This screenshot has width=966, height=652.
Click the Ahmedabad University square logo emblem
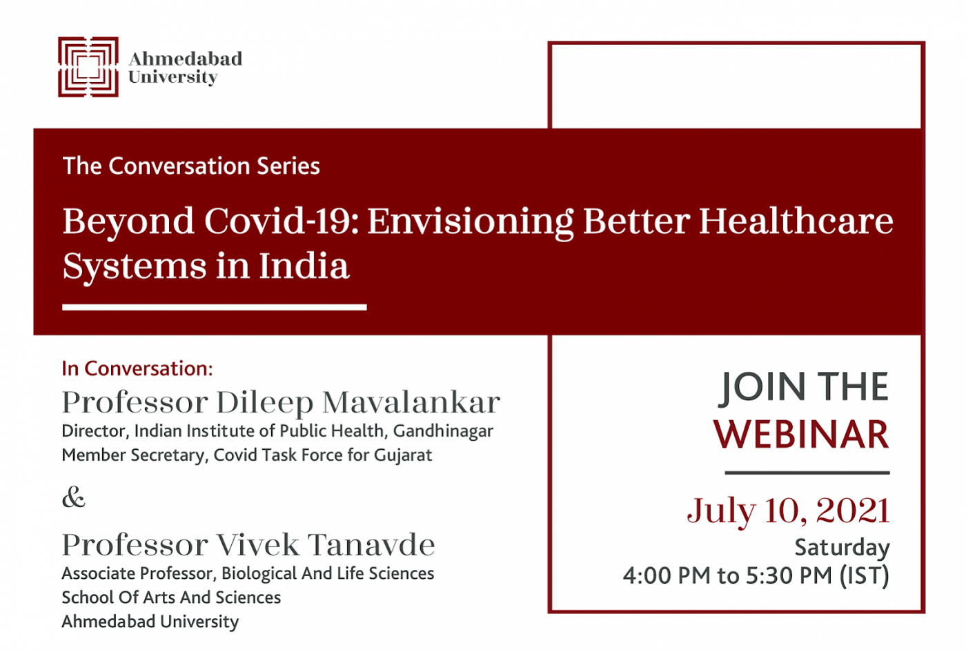(x=88, y=67)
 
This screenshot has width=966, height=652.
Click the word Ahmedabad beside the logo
(x=186, y=59)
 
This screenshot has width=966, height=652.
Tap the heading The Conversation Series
(x=191, y=166)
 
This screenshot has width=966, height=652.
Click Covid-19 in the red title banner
(x=282, y=221)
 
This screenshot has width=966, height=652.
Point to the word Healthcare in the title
(x=796, y=221)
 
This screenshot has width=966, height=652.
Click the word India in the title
(x=304, y=266)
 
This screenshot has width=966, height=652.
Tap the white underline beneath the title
(x=215, y=308)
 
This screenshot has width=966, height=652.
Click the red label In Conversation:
(x=137, y=368)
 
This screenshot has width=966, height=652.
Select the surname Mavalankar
(x=411, y=402)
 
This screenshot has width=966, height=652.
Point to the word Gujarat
(x=403, y=455)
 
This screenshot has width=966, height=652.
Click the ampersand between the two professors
(x=74, y=497)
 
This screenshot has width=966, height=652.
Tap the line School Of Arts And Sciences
(x=171, y=597)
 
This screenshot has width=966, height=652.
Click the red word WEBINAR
(x=801, y=434)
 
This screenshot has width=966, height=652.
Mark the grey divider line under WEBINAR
(x=807, y=473)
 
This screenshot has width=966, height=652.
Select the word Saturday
(x=842, y=548)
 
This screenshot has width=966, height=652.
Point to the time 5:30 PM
(x=789, y=575)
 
